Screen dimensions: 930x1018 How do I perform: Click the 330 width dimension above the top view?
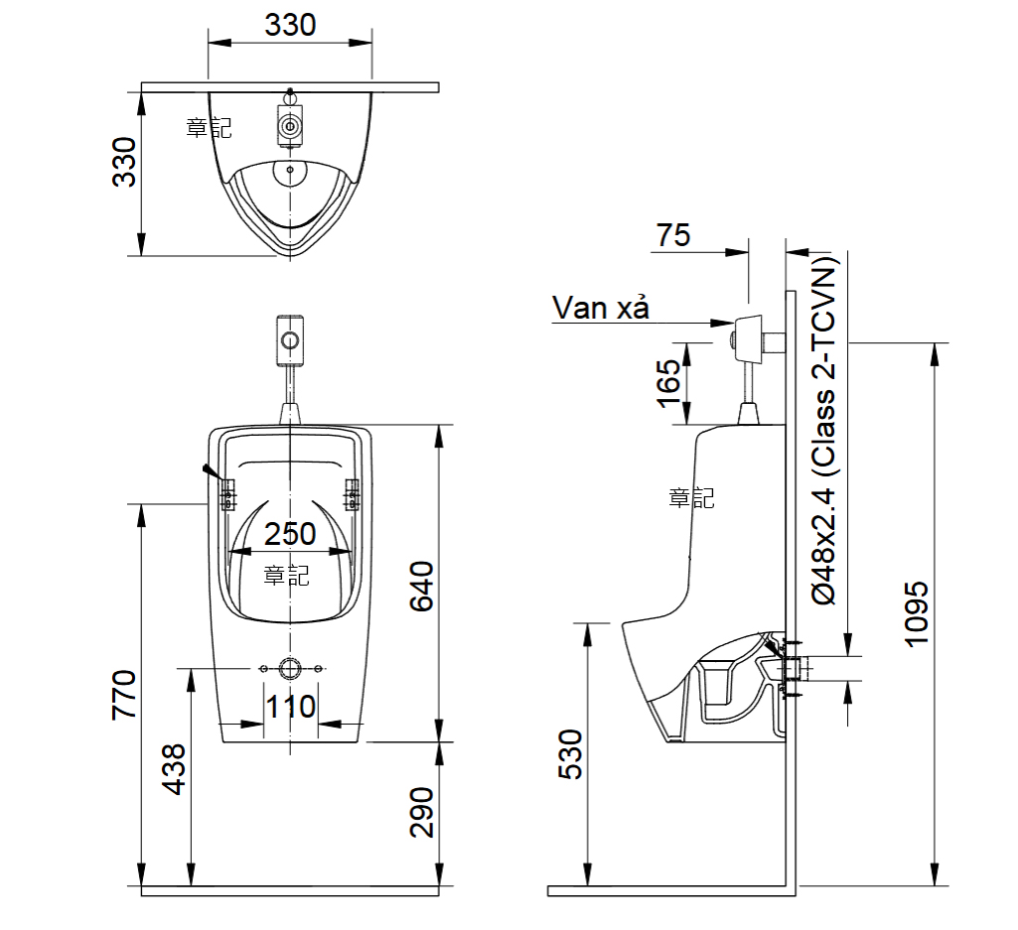[x=290, y=24]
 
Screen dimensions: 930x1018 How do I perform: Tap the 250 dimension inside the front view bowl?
[x=290, y=534]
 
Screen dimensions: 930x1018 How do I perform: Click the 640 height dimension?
[x=422, y=586]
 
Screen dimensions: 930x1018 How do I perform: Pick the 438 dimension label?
[x=174, y=768]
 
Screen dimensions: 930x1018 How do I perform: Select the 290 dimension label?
[x=422, y=812]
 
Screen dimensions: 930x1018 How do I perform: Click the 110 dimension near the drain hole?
[x=291, y=707]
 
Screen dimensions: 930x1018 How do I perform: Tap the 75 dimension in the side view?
[x=672, y=235]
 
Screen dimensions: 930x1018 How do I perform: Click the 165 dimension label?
[x=668, y=382]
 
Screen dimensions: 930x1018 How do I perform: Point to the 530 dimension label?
[x=571, y=753]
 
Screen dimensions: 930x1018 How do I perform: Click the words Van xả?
[x=600, y=309]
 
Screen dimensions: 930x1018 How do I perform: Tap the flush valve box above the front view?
[x=289, y=338]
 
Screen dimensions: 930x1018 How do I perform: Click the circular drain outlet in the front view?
[x=290, y=669]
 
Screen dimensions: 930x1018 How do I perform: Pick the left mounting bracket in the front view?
[x=227, y=493]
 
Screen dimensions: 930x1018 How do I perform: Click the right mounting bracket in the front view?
[x=352, y=493]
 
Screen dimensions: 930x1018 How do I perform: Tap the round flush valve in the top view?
[x=290, y=127]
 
